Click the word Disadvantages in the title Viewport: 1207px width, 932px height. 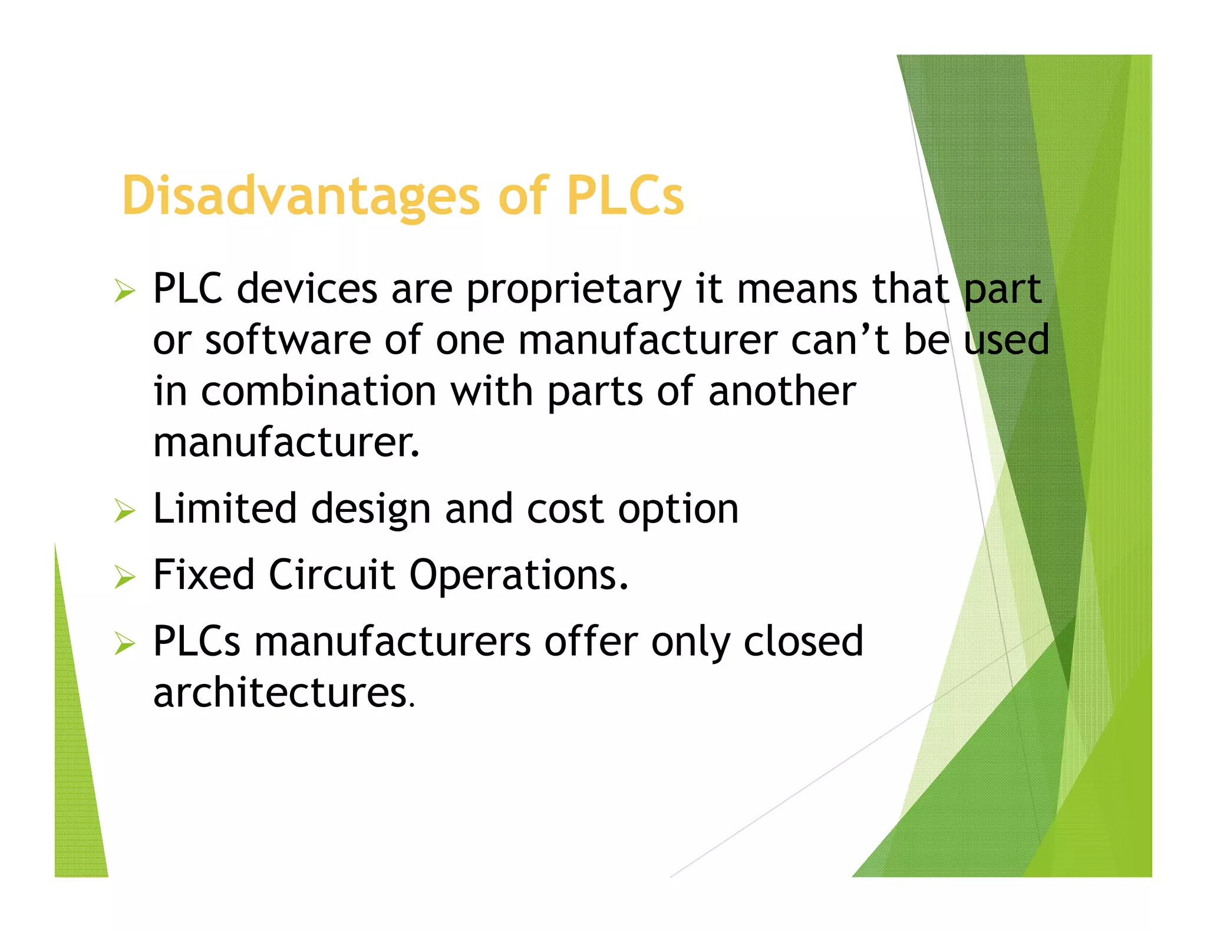(301, 196)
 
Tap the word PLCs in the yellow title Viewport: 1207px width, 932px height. (625, 196)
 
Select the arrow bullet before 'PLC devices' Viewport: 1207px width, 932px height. (125, 291)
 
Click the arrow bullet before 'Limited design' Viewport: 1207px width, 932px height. (125, 511)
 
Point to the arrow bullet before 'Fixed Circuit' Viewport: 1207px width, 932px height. (125, 577)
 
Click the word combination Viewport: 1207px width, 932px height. (318, 392)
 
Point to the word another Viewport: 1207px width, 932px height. (782, 392)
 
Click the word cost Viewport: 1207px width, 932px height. (565, 510)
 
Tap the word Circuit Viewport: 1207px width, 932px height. (332, 575)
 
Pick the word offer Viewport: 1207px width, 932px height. (591, 641)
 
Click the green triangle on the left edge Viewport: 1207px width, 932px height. (77, 766)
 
